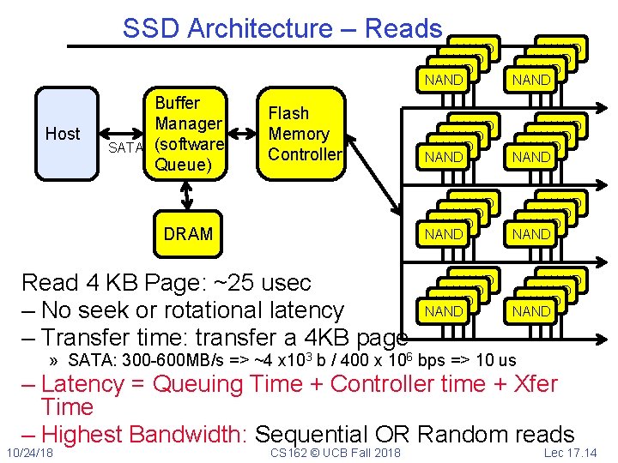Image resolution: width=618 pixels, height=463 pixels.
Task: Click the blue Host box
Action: tap(62, 133)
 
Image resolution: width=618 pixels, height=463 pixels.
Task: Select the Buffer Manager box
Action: tap(189, 133)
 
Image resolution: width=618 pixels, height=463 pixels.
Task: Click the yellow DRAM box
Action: tap(189, 234)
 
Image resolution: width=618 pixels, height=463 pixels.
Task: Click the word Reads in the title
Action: tap(403, 28)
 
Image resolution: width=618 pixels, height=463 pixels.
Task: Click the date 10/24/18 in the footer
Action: tap(28, 452)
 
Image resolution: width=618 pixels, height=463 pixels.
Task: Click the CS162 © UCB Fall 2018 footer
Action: tap(335, 452)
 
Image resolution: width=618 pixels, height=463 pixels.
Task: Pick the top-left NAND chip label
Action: tap(444, 81)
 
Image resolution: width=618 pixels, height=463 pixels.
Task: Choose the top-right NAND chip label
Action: tap(531, 81)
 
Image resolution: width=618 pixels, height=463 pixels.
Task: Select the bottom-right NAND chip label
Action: tap(531, 311)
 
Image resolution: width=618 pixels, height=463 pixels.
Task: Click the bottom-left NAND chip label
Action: tap(444, 311)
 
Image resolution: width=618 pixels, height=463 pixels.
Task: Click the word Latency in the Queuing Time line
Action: tap(87, 384)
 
